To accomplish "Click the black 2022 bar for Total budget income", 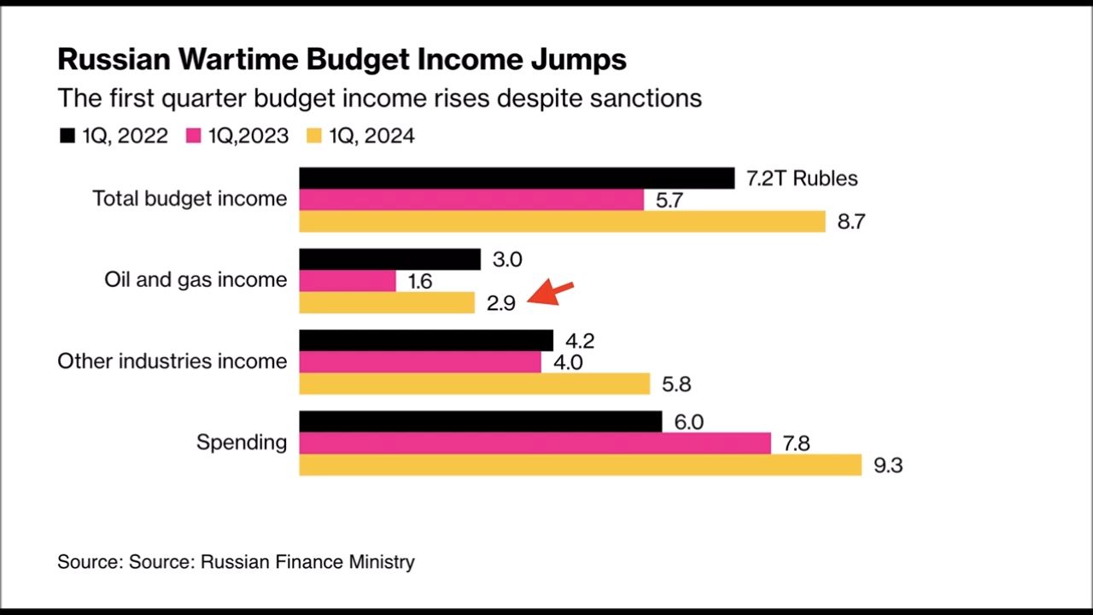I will [517, 178].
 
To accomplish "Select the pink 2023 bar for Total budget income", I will [471, 199].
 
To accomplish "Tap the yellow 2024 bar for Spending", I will [580, 465].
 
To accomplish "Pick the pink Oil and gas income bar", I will [348, 280].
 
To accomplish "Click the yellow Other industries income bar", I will [474, 384].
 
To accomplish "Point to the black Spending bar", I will [480, 421].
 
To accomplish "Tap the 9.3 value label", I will [888, 466].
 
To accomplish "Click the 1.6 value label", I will [420, 281].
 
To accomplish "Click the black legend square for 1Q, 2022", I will [67, 136].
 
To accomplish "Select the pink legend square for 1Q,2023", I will [193, 136].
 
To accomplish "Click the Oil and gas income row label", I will [196, 279].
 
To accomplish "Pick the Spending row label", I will [242, 442].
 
